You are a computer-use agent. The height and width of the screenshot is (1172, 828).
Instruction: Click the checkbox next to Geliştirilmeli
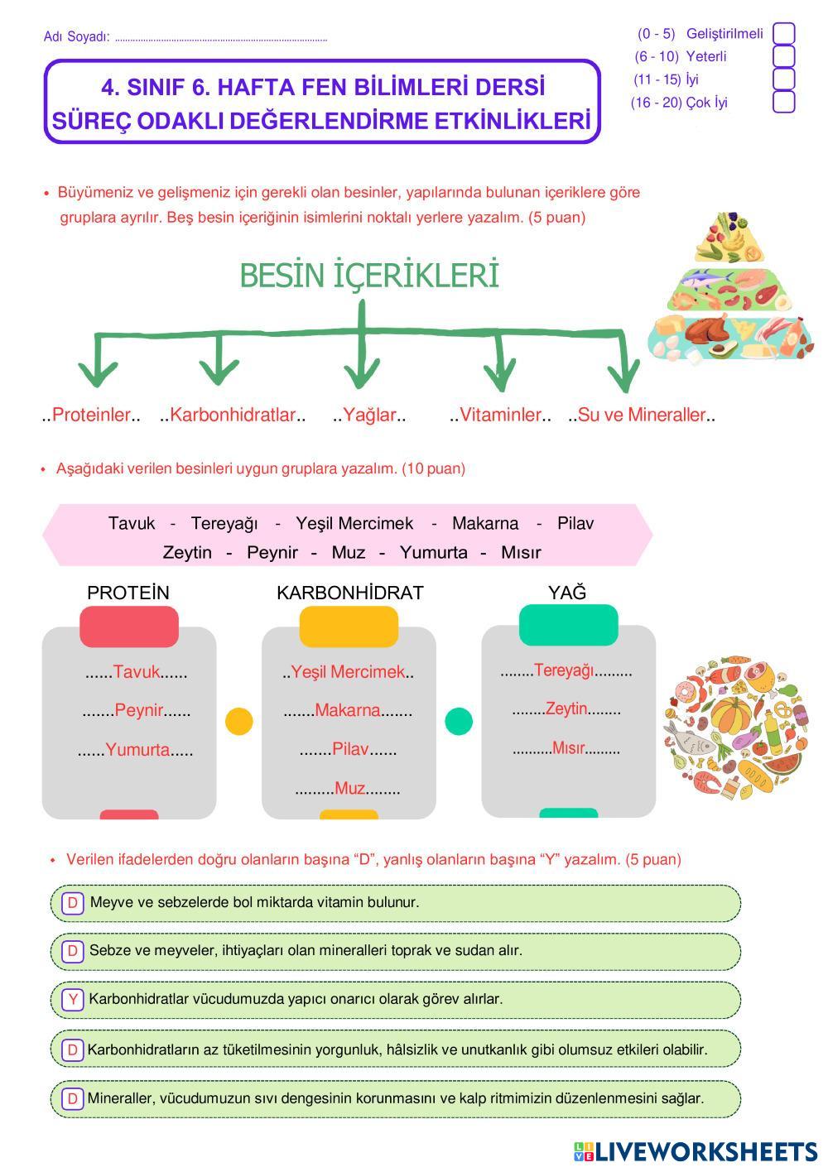pyautogui.click(x=783, y=34)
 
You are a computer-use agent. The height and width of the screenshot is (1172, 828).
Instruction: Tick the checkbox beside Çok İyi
pyautogui.click(x=783, y=103)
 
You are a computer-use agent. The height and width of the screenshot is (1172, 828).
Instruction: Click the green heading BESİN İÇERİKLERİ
pyautogui.click(x=369, y=276)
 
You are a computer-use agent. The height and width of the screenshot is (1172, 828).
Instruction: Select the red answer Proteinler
pyautogui.click(x=91, y=415)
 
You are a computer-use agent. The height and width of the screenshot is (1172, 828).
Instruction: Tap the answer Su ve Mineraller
pyautogui.click(x=642, y=415)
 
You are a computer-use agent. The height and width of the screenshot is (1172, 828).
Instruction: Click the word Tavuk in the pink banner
pyautogui.click(x=132, y=523)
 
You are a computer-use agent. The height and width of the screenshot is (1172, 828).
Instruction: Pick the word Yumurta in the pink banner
pyautogui.click(x=433, y=552)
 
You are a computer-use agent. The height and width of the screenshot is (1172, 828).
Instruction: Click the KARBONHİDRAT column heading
pyautogui.click(x=349, y=593)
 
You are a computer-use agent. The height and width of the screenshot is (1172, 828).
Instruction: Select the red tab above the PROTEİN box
pyautogui.click(x=129, y=627)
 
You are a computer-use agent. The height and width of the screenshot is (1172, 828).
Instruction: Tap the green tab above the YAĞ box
pyautogui.click(x=568, y=625)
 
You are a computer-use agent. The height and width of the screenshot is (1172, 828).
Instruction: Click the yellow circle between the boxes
pyautogui.click(x=239, y=721)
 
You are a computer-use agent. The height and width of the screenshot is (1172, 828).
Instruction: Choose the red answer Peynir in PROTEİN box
pyautogui.click(x=139, y=710)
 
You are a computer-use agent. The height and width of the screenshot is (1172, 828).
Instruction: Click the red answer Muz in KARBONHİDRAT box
pyautogui.click(x=349, y=789)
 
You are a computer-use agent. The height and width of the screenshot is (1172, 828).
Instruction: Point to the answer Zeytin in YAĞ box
pyautogui.click(x=566, y=708)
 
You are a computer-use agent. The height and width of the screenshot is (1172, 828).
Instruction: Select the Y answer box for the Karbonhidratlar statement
pyautogui.click(x=73, y=999)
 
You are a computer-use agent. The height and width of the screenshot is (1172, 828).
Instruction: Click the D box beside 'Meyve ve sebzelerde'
pyautogui.click(x=73, y=902)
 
